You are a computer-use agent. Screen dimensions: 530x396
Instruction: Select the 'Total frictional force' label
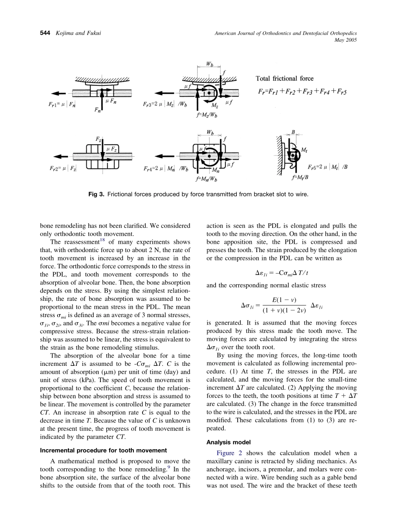[x=284, y=78]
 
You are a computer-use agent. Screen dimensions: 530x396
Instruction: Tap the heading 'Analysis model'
[x=227, y=442]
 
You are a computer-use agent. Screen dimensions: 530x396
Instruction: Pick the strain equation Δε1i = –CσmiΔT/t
[x=281, y=273]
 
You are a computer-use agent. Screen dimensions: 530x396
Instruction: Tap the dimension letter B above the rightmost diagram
[x=293, y=132]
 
